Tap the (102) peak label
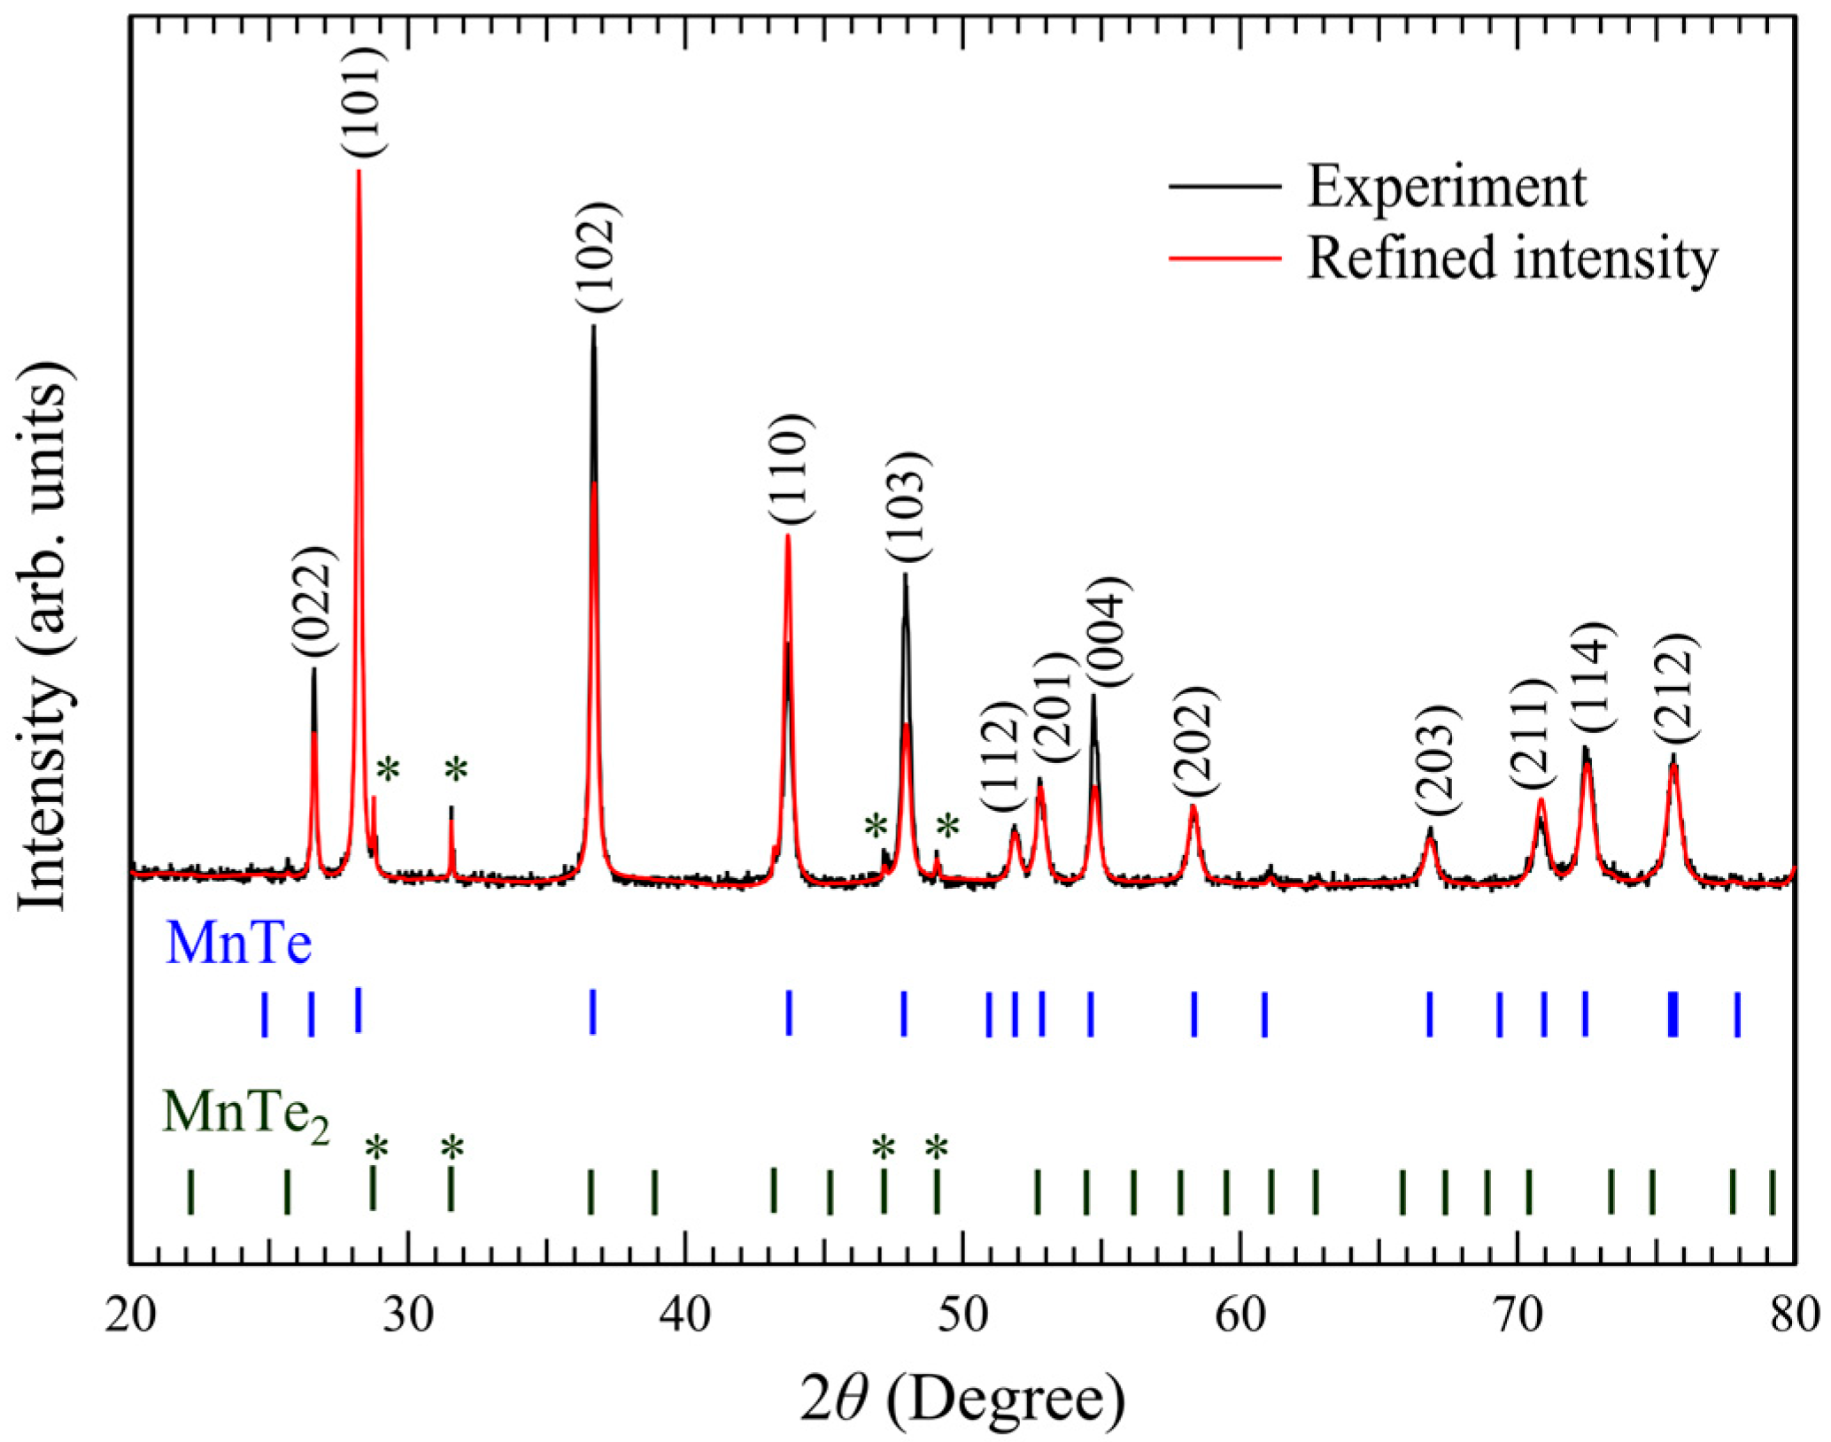click(x=600, y=257)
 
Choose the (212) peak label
click(x=1676, y=690)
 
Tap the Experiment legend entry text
click(x=1447, y=187)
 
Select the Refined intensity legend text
click(x=1512, y=258)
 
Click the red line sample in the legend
click(x=1225, y=258)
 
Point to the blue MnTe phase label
click(x=238, y=944)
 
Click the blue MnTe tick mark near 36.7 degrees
click(x=593, y=1011)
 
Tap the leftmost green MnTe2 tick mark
click(x=190, y=1191)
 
